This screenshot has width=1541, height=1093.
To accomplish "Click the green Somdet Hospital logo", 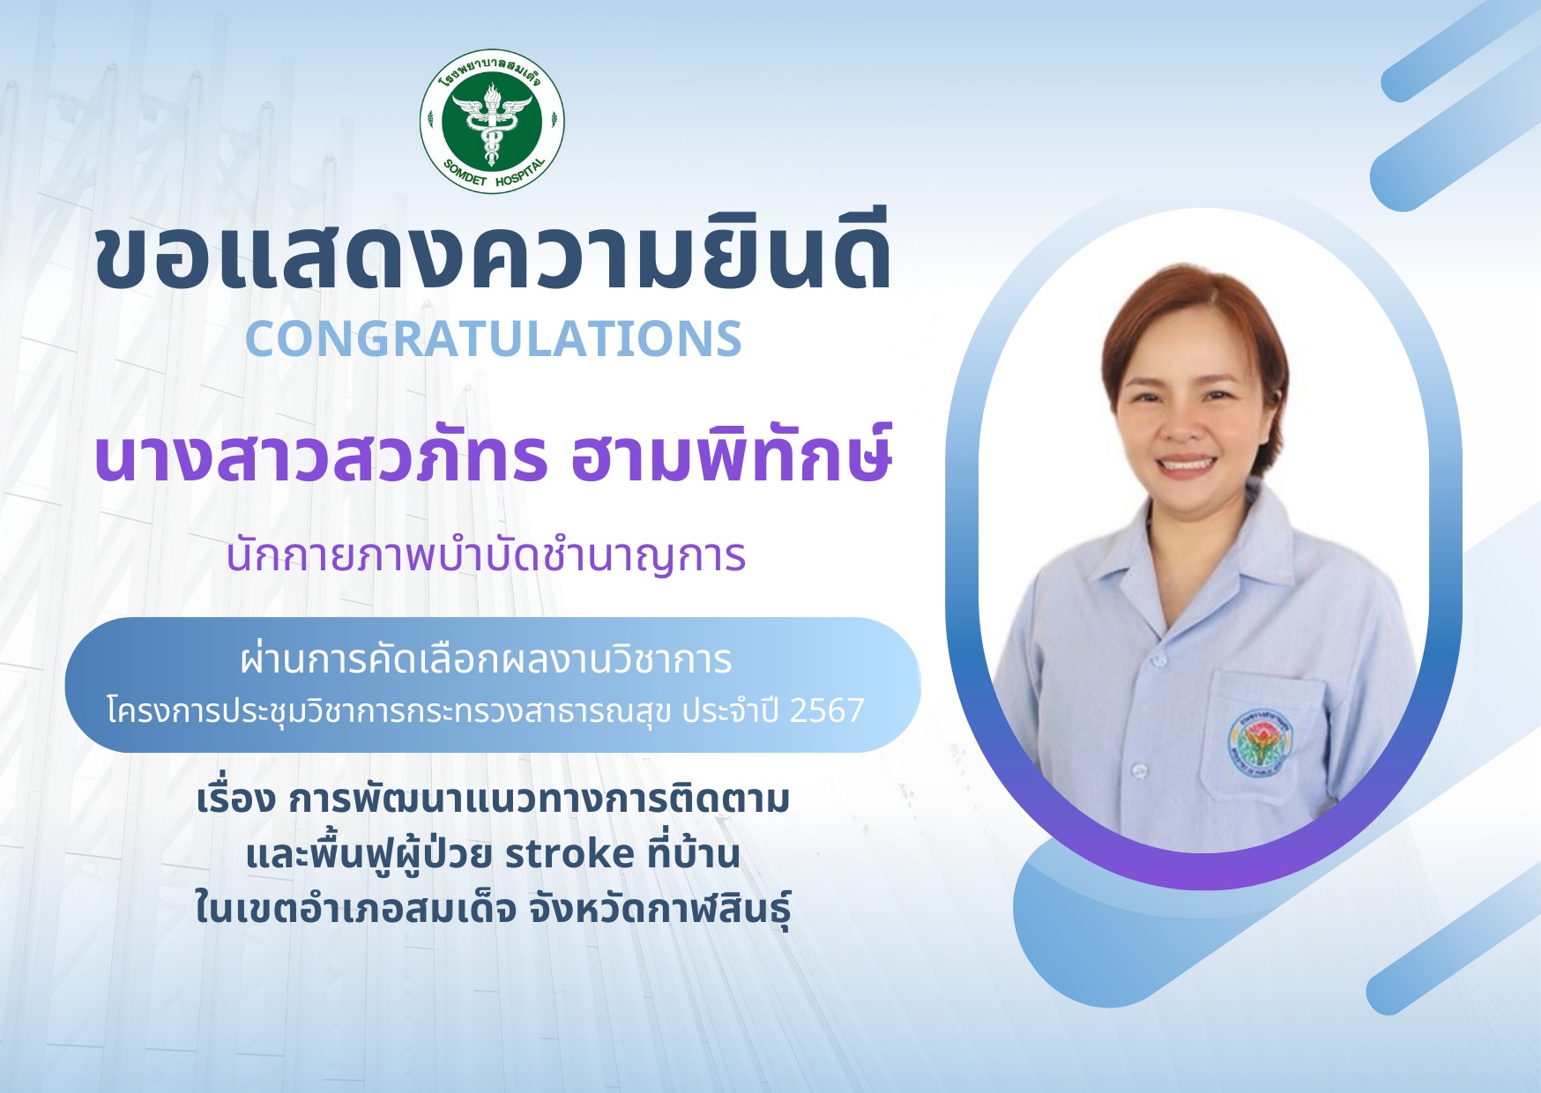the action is (x=492, y=121).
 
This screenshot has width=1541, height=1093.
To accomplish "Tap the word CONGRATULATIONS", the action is (x=494, y=338).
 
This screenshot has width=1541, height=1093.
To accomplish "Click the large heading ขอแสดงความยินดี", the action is (x=493, y=256).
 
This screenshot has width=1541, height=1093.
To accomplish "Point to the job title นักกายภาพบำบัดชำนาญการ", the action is (x=486, y=555).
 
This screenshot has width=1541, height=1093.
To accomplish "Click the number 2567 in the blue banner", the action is (x=827, y=710).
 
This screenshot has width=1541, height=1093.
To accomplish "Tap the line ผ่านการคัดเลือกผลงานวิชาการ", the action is (x=486, y=659).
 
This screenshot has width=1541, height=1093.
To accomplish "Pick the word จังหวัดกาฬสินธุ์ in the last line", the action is (x=659, y=909).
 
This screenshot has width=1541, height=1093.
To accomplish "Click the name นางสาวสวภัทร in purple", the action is (x=321, y=456).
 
